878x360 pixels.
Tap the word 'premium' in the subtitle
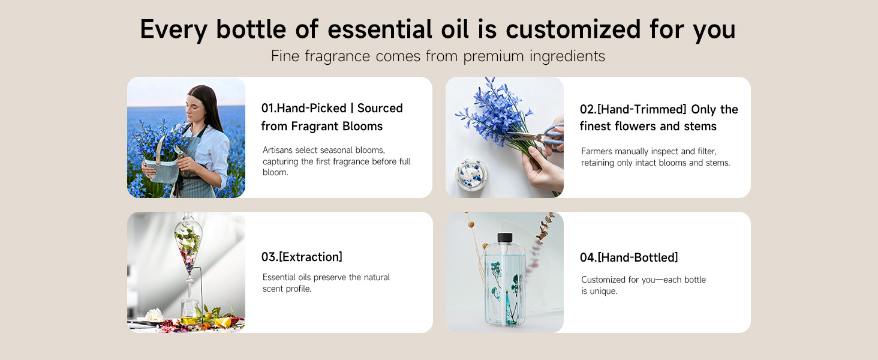click(491, 56)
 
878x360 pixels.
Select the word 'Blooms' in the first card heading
click(362, 127)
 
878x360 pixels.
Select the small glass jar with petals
click(471, 174)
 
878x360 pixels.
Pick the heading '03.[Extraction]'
click(302, 257)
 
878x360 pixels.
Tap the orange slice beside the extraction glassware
click(222, 322)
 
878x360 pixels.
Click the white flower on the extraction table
click(155, 314)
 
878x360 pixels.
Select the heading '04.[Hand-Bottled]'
click(629, 258)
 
